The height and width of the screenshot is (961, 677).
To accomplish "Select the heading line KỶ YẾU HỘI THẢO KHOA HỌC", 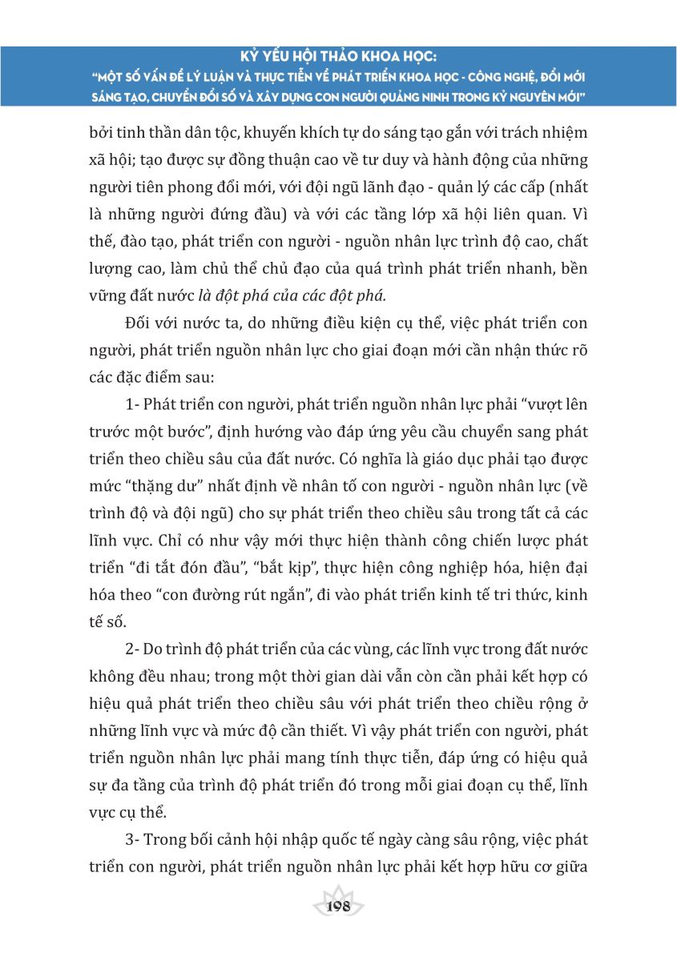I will tap(338, 58).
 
